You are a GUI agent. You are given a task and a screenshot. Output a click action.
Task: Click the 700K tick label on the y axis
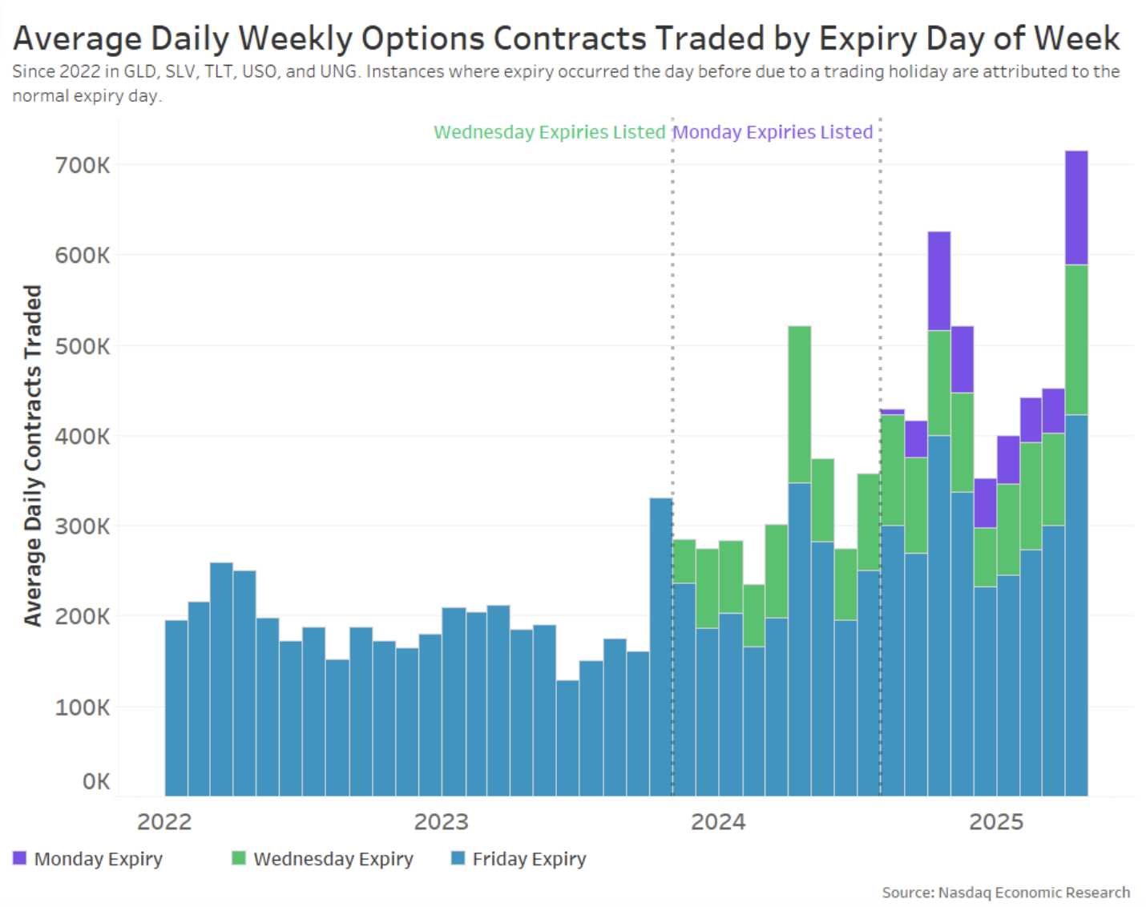tap(83, 166)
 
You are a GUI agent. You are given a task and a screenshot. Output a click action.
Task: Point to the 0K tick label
tap(96, 781)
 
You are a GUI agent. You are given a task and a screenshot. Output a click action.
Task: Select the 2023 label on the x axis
tap(441, 822)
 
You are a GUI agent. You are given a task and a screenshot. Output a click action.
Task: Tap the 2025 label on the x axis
tap(996, 822)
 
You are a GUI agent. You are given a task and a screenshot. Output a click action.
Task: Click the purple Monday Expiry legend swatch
tap(20, 858)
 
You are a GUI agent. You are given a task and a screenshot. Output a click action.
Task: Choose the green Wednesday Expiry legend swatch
tap(238, 858)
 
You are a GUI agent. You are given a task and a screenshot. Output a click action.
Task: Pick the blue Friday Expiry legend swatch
tap(458, 858)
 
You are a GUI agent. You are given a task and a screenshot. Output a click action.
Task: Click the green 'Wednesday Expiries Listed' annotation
tap(549, 132)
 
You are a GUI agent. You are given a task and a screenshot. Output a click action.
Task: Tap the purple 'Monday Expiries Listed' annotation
tap(773, 132)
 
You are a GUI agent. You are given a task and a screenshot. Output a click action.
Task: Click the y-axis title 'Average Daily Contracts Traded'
tap(32, 455)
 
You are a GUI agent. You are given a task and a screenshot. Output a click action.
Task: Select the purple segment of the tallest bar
tap(1076, 208)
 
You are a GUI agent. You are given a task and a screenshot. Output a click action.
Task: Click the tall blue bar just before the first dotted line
tap(661, 647)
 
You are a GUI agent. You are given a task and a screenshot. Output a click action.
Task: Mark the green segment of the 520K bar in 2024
tap(799, 405)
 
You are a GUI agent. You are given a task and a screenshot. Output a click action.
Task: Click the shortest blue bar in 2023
tap(567, 738)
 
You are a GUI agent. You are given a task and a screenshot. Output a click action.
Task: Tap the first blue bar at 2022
tap(176, 707)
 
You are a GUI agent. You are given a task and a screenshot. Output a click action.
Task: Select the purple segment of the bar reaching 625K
tap(938, 281)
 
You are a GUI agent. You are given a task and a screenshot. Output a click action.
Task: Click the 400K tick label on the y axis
tap(83, 437)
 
